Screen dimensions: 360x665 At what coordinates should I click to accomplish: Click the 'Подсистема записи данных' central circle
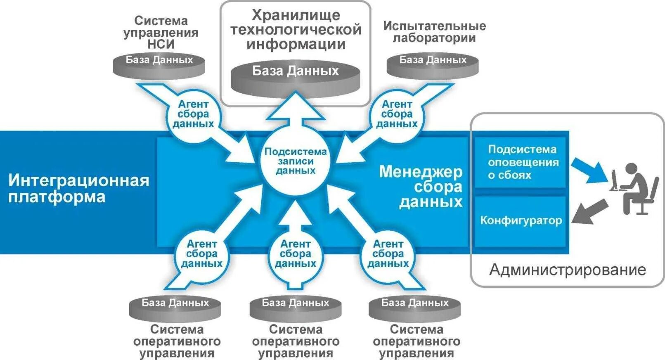295,161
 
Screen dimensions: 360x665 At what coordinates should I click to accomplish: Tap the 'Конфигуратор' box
521,221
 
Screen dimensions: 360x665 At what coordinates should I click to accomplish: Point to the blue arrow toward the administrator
589,170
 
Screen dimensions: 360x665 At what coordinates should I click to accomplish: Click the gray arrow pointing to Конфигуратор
589,212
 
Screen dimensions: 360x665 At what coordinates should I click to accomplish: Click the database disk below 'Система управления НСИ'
159,65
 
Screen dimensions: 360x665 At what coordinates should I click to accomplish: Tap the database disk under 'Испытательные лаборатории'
433,65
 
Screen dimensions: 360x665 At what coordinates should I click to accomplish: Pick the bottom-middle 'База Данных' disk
296,308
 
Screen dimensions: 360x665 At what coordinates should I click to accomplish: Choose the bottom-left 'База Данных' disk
175,308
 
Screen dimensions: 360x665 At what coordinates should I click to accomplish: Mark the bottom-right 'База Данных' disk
414,308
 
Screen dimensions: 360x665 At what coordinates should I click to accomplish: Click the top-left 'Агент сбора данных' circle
193,114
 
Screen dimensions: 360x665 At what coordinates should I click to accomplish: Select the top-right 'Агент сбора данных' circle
397,114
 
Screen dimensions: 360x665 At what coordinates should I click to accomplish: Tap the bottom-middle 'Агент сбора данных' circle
295,254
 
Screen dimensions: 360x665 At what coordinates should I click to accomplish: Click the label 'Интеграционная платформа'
78,188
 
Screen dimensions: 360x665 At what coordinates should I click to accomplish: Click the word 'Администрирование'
568,270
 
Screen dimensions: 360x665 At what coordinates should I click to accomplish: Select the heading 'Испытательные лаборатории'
434,32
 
